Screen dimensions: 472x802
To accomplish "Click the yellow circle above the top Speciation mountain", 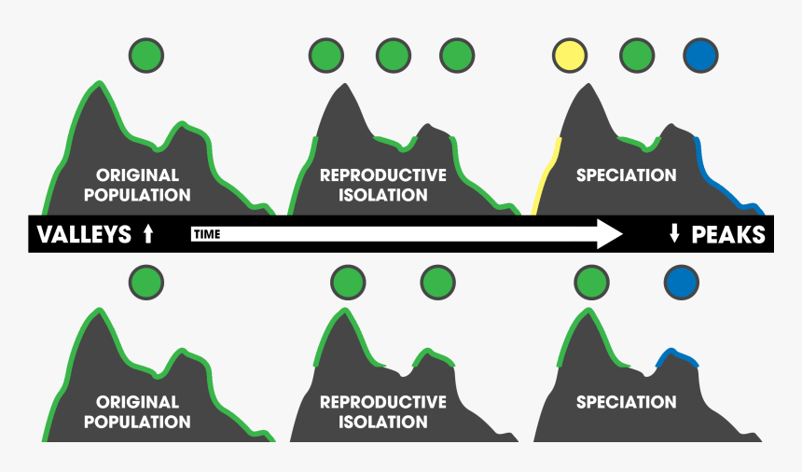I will pyautogui.click(x=570, y=55).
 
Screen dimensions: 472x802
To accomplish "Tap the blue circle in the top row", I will pyautogui.click(x=701, y=55).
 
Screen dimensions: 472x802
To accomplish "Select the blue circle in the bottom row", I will pyautogui.click(x=681, y=281).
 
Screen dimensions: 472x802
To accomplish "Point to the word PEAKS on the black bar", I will pyautogui.click(x=728, y=235).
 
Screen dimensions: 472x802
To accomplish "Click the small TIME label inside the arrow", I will pyautogui.click(x=207, y=235).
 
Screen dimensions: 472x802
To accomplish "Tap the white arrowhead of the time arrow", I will pyautogui.click(x=608, y=234).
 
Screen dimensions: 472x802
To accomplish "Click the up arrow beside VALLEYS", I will pyautogui.click(x=148, y=235).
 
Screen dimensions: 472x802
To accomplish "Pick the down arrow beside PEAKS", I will pyautogui.click(x=674, y=235).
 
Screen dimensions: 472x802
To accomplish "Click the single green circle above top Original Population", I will pyautogui.click(x=145, y=55).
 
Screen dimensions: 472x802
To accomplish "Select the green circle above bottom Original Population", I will pyautogui.click(x=145, y=281).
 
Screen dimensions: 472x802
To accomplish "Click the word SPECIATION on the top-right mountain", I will pyautogui.click(x=626, y=175).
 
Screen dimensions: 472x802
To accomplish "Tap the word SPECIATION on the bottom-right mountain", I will pyautogui.click(x=626, y=403).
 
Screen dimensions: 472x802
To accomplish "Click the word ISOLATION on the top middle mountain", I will pyautogui.click(x=383, y=196).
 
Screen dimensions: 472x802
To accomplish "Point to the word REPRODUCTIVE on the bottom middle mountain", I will pyautogui.click(x=383, y=403).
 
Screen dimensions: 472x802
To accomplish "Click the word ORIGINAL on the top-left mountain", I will pyautogui.click(x=137, y=175).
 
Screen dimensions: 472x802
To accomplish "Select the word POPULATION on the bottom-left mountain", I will pyautogui.click(x=137, y=422).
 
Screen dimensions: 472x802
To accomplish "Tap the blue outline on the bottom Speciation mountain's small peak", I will pyautogui.click(x=678, y=355).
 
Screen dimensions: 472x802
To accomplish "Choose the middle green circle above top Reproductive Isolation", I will pyautogui.click(x=393, y=55).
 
